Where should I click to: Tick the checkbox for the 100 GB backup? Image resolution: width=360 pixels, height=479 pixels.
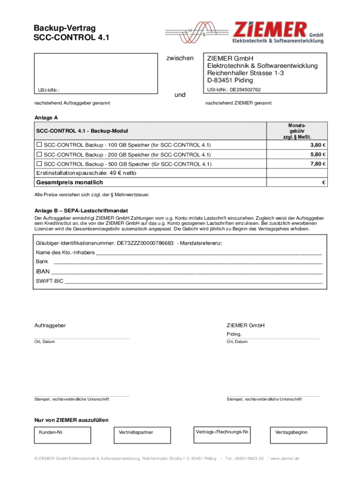[39, 144]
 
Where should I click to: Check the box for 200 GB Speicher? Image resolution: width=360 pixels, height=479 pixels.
[39, 154]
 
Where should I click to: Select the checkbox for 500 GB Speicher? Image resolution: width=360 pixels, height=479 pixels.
[39, 164]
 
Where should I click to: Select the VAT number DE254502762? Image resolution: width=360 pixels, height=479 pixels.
[245, 90]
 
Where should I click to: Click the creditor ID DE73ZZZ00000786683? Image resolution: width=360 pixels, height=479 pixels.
[145, 243]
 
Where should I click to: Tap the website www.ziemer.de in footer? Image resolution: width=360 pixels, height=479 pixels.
[286, 458]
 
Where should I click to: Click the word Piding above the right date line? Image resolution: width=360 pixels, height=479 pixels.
[234, 334]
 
